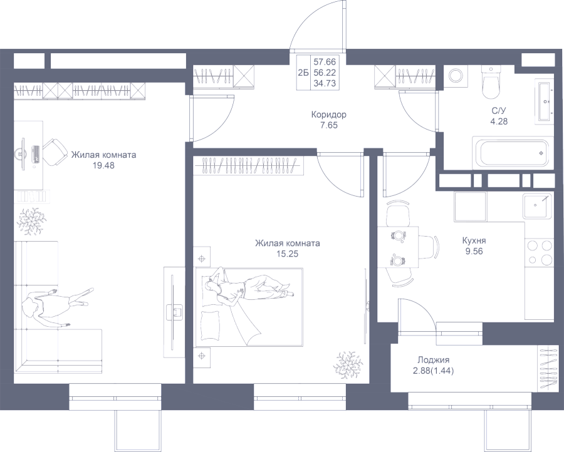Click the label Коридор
[x=328, y=115]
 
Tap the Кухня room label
[x=474, y=240]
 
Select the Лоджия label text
[x=433, y=360]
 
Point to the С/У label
[x=499, y=111]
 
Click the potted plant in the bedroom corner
[x=347, y=364]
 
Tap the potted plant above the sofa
[x=31, y=220]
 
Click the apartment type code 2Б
[x=303, y=73]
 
